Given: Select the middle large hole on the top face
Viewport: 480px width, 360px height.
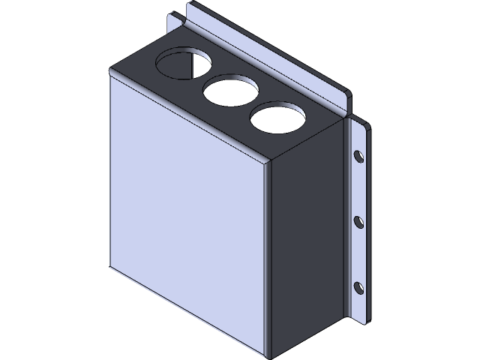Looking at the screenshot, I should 229,91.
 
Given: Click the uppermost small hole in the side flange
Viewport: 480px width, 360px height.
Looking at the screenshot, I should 358,157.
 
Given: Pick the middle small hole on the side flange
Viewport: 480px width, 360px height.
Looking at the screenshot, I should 358,222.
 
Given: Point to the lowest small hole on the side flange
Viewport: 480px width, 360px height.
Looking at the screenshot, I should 358,287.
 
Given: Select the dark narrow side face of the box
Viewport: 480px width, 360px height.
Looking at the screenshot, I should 304,240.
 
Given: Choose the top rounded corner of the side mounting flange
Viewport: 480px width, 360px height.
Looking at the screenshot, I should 364,125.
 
